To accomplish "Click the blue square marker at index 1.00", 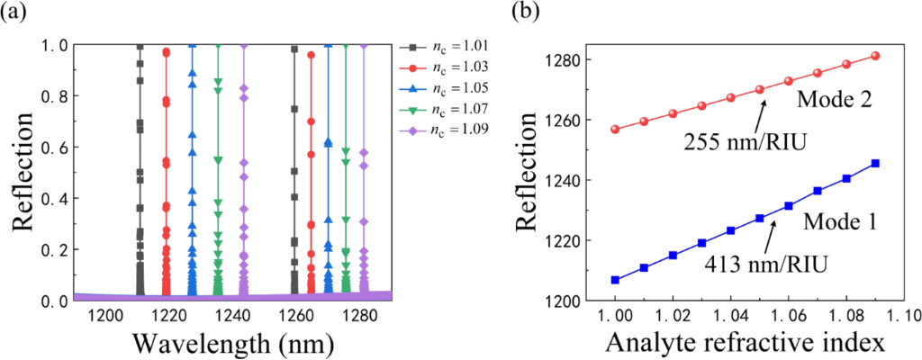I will tap(615, 280).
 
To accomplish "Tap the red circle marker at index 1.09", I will tap(875, 56).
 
